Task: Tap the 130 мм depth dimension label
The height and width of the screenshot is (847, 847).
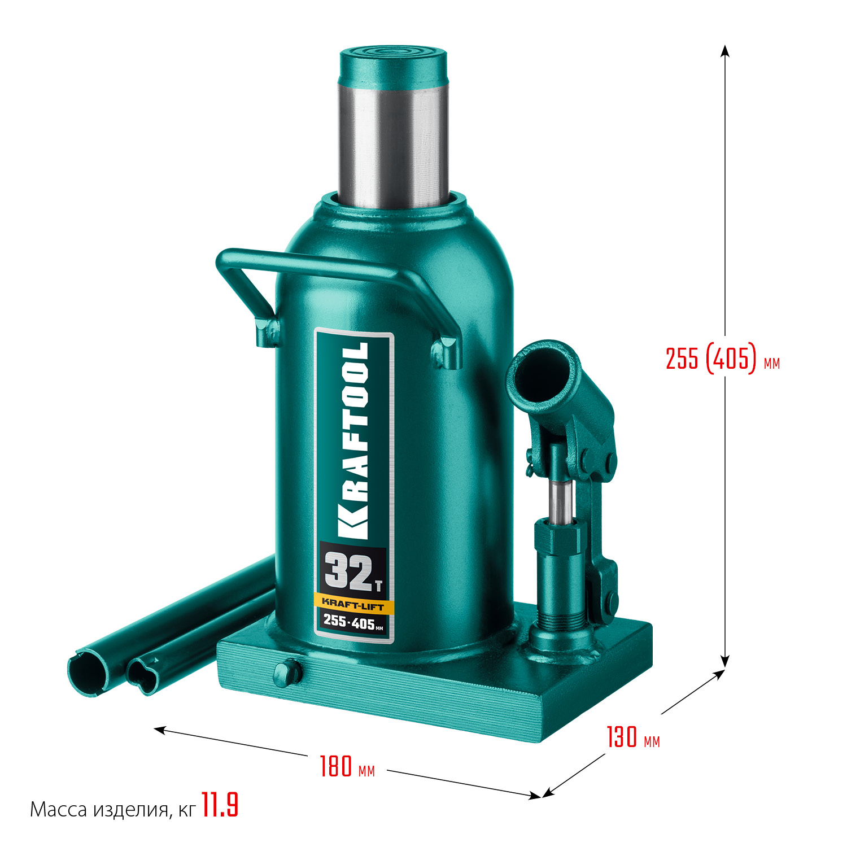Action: [633, 737]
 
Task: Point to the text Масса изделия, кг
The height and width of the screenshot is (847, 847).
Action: [112, 810]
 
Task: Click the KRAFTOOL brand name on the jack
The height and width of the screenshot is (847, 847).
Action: [355, 440]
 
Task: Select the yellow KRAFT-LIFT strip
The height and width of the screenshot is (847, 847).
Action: [353, 605]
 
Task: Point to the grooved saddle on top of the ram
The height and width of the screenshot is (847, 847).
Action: [393, 56]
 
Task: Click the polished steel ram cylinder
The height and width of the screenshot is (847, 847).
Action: [393, 141]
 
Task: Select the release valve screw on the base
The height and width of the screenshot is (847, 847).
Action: [287, 672]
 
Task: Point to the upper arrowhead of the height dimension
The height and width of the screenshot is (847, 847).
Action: [726, 51]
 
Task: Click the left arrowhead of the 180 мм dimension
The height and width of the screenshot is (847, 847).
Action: [160, 730]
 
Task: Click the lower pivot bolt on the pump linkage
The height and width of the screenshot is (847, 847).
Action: [610, 600]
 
